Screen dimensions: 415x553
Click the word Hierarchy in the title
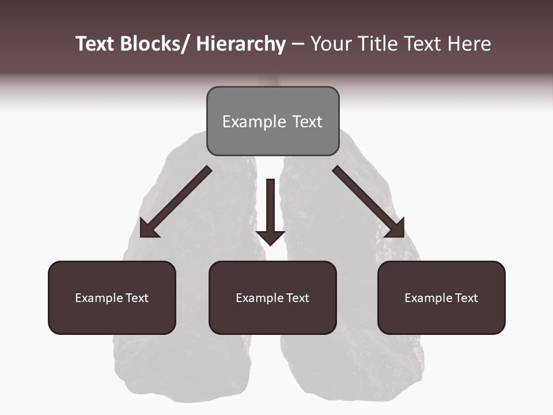click(x=240, y=44)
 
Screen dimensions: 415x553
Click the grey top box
click(x=272, y=121)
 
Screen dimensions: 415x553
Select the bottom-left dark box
click(x=112, y=297)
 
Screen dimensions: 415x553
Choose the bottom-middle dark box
click(x=272, y=297)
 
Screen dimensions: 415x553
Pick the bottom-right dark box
click(x=441, y=297)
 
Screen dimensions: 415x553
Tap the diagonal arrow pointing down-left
click(x=176, y=202)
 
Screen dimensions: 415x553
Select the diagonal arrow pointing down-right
click(x=369, y=202)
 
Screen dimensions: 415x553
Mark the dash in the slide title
click(x=298, y=44)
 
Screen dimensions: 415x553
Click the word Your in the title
click(x=331, y=44)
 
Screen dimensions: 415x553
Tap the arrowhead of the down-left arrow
click(x=149, y=228)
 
